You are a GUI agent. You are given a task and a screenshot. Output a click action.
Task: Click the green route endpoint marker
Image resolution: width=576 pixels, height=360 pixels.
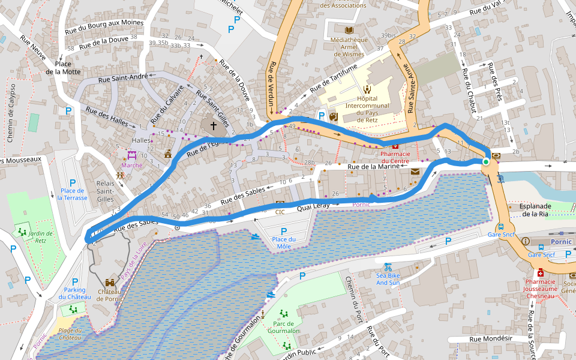pos(485,161)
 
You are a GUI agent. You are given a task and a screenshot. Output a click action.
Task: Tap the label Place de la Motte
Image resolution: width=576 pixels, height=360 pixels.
pos(67,67)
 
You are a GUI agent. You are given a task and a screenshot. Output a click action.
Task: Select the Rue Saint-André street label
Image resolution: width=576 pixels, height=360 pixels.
pos(122,77)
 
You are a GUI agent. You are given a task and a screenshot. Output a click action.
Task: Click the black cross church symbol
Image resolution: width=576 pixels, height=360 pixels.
pos(213,126)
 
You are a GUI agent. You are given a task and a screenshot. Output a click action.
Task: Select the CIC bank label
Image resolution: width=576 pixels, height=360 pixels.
pos(280,212)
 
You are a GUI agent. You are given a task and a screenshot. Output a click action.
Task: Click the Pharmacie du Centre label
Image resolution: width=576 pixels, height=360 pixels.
pos(395,157)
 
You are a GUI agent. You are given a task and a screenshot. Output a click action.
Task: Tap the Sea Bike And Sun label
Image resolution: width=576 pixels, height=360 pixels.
pos(388,278)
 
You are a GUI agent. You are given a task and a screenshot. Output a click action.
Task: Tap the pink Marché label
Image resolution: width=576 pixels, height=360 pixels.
pos(131,165)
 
